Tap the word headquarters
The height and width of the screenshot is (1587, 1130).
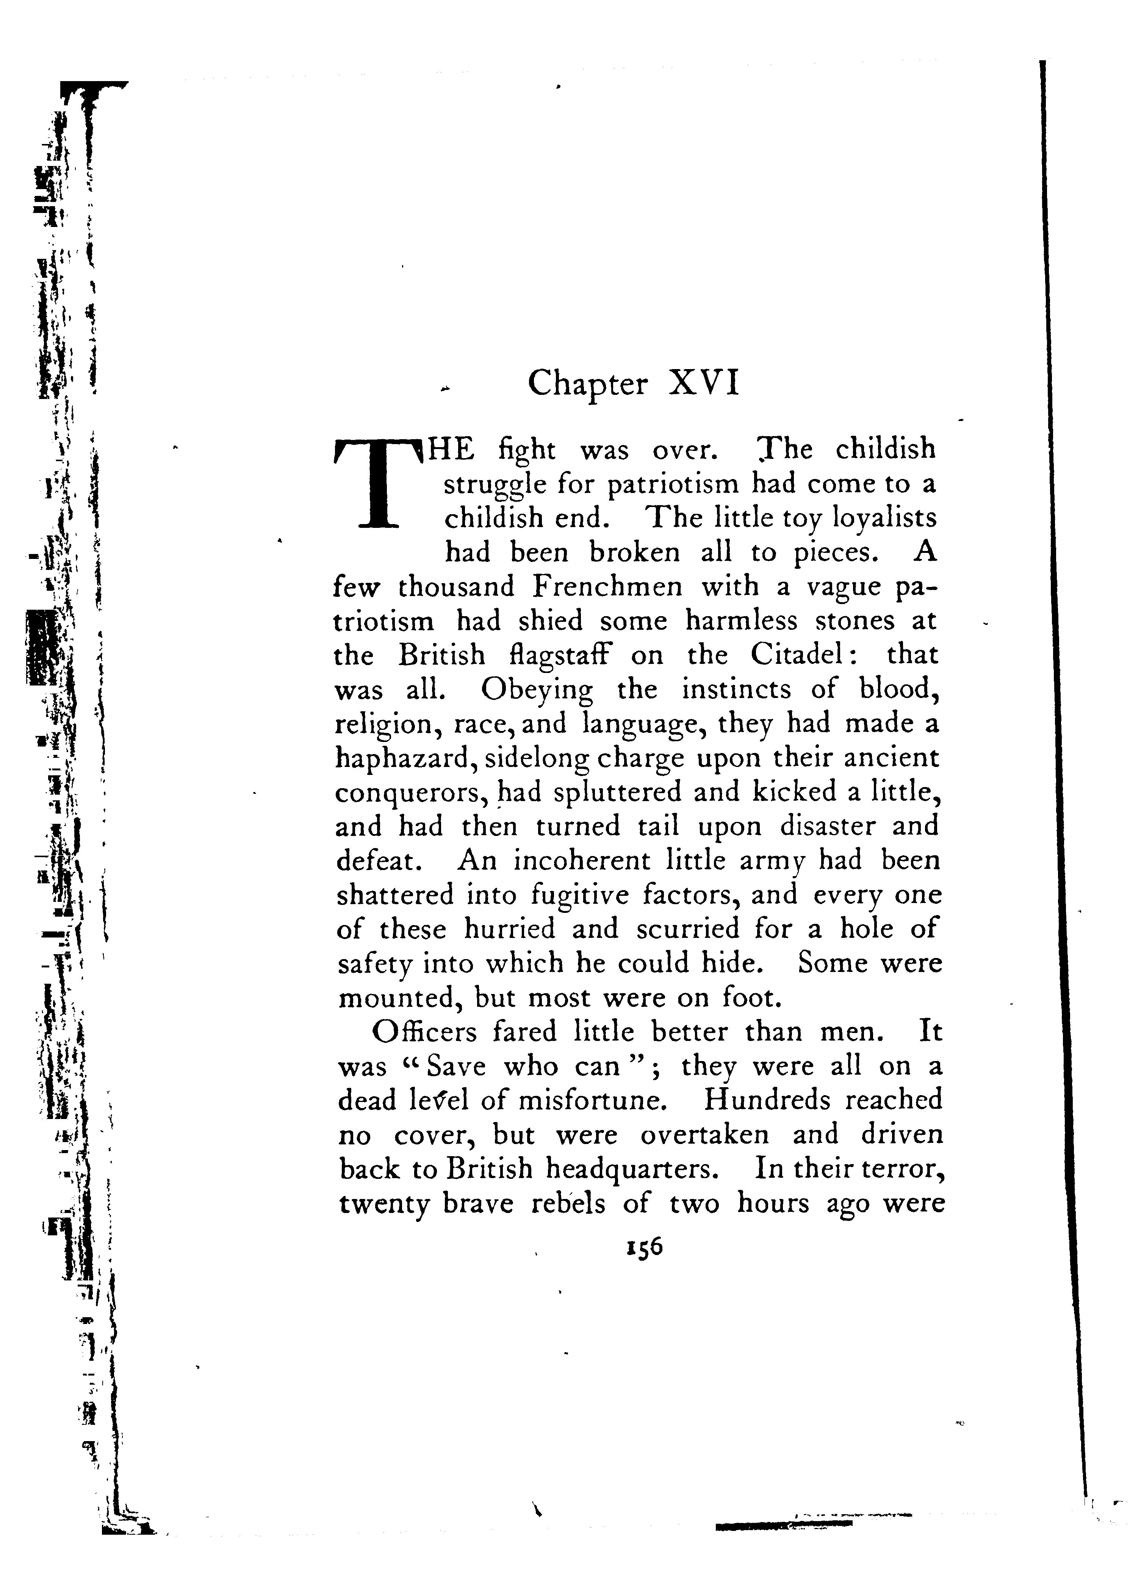(631, 1169)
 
